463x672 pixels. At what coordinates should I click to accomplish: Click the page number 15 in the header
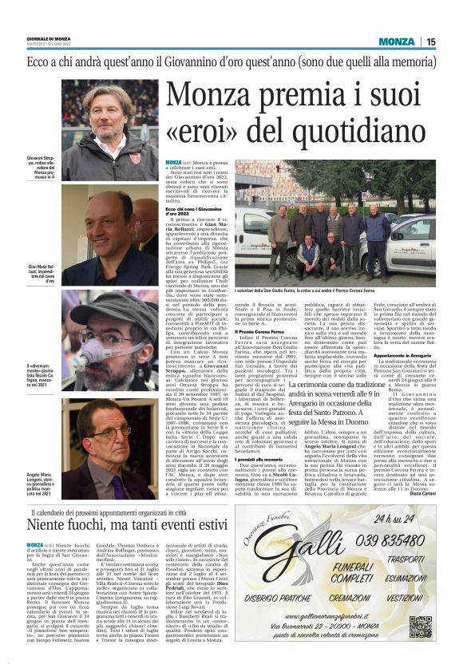(x=430, y=42)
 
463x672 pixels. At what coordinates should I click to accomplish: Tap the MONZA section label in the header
(x=397, y=42)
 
